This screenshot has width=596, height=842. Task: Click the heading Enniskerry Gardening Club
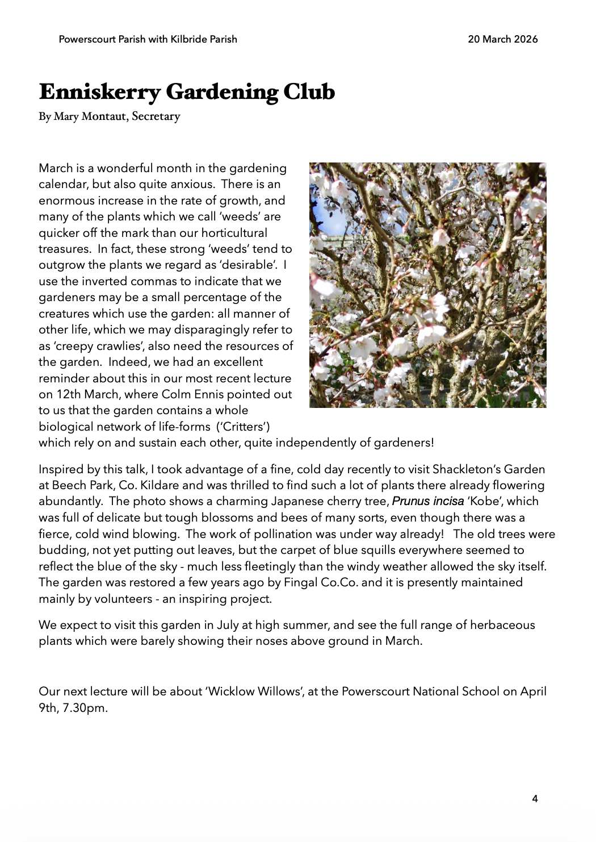[x=187, y=92]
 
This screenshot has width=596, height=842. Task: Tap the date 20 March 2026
[x=502, y=39]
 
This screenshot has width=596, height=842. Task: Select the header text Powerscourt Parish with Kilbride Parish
[x=148, y=39]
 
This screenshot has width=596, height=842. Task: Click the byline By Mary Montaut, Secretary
[x=110, y=116]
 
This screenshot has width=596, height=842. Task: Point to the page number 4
[x=535, y=799]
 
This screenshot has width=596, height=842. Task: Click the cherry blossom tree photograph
[x=427, y=285]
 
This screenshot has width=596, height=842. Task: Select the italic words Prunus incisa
[x=428, y=501]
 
